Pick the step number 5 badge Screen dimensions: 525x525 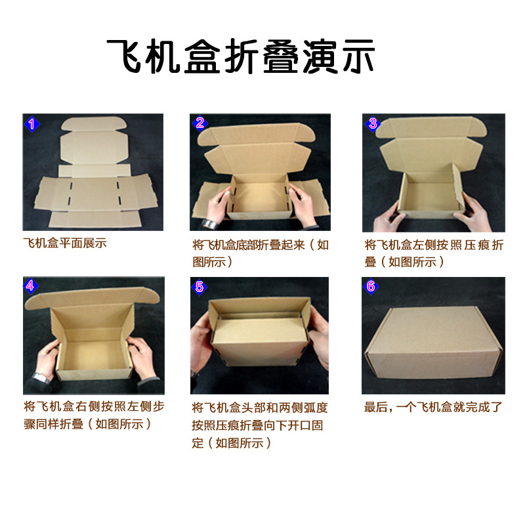[201, 287]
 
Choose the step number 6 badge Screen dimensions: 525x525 [371, 287]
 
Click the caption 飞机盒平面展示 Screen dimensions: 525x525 [64, 243]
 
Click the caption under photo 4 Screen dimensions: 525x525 [93, 415]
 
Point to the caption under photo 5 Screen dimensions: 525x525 [261, 424]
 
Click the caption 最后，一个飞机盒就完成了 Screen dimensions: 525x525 [434, 407]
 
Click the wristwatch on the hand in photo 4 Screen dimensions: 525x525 [41, 377]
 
